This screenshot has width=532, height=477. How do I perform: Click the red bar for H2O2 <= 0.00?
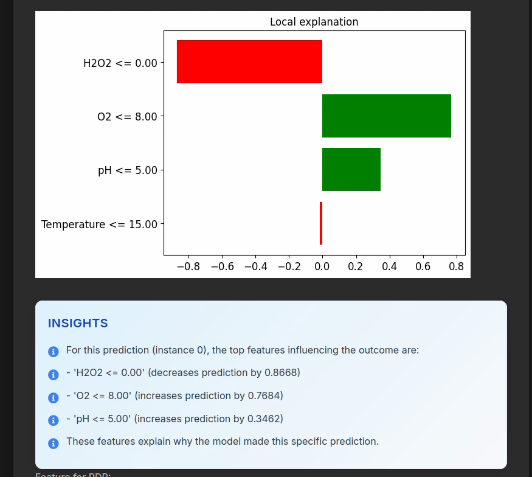249,62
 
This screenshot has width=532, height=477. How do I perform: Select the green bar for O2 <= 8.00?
386,116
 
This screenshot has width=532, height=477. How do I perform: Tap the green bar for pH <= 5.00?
351,170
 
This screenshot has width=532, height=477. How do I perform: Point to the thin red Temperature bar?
321,223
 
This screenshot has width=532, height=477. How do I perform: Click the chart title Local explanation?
314,22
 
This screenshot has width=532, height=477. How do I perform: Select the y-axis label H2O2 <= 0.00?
120,63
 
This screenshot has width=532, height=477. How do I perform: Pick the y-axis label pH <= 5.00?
127,170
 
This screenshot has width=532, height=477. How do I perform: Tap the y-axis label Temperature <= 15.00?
99,225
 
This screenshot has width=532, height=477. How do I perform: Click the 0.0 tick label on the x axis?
322,266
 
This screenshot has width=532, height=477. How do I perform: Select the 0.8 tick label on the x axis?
457,266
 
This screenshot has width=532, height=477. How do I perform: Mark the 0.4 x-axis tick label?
389,266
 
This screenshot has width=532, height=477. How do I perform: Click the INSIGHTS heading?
78,323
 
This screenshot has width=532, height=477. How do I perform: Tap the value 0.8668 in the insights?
283,372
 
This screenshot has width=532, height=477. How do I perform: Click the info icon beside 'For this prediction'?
54,352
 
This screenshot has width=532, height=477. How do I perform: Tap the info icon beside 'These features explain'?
54,443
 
